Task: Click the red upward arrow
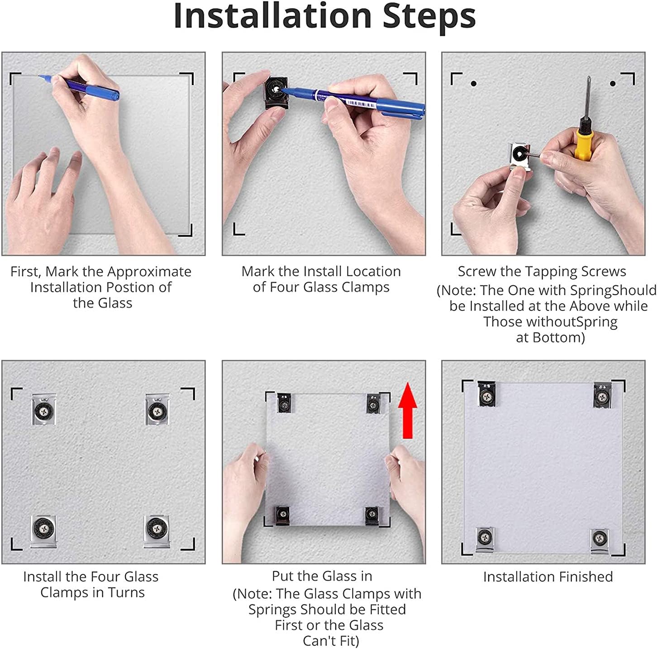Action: tap(407, 410)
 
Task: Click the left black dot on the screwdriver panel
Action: tap(474, 83)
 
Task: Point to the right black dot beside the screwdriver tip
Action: tap(613, 83)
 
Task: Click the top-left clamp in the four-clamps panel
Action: tap(44, 409)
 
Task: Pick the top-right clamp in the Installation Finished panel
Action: tap(602, 395)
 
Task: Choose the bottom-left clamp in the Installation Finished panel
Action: tap(485, 539)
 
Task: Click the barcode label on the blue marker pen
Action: tap(360, 102)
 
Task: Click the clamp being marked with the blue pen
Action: tap(276, 92)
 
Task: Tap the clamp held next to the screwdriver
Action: tap(519, 156)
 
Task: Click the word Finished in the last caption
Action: tap(583, 577)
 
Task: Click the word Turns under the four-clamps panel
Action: tap(126, 593)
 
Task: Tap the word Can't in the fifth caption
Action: tap(318, 641)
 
